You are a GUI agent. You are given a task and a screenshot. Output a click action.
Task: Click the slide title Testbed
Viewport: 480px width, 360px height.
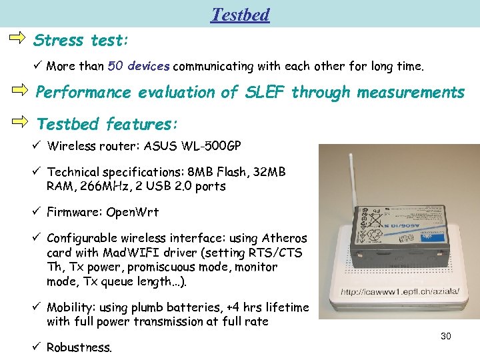click(240, 14)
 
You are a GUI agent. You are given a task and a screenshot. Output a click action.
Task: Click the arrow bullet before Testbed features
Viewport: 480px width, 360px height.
click(20, 121)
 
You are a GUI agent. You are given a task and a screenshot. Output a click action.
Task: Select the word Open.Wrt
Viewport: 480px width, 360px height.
click(133, 213)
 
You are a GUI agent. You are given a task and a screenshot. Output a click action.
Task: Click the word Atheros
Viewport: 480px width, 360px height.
click(284, 238)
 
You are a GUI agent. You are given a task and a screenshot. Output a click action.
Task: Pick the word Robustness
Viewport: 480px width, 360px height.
click(79, 347)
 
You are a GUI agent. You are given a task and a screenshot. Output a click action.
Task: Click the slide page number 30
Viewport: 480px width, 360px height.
click(446, 336)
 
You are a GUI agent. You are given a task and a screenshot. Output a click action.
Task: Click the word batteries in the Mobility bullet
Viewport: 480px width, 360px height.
click(187, 307)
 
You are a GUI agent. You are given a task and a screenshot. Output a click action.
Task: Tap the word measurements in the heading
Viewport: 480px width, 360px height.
click(411, 92)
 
